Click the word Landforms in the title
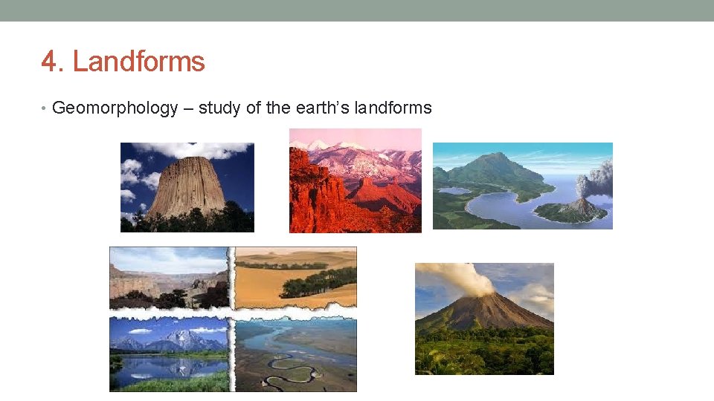[138, 62]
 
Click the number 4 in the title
[50, 62]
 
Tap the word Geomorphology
[115, 108]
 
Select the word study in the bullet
[219, 108]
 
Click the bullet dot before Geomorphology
[45, 108]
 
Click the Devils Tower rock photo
[187, 187]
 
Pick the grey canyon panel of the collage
[169, 278]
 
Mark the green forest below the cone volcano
[483, 353]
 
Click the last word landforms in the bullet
[393, 108]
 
